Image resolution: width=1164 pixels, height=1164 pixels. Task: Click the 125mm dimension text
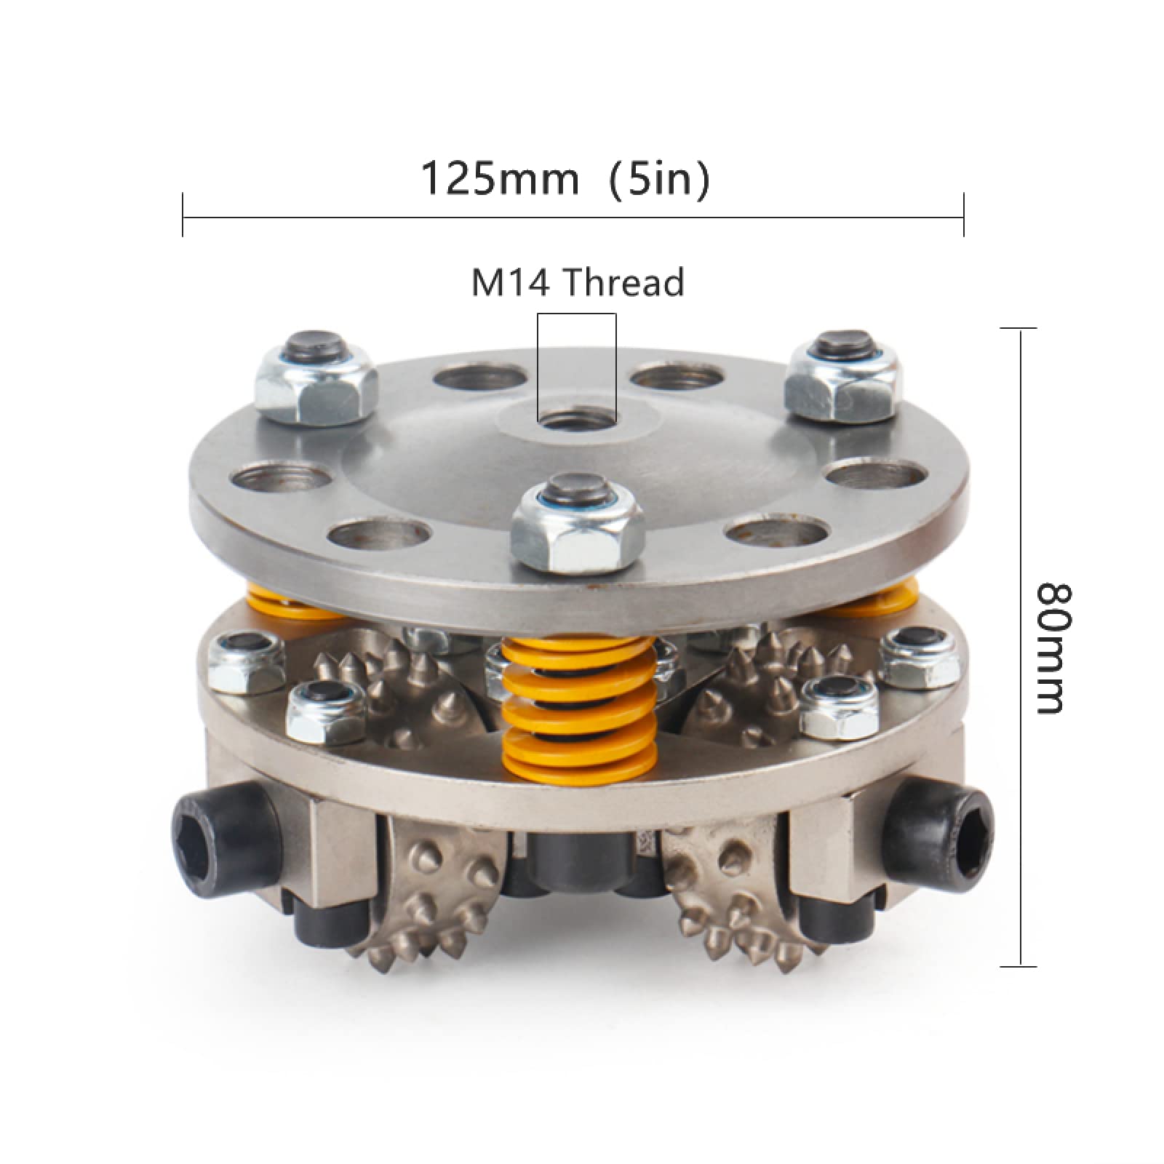[501, 179]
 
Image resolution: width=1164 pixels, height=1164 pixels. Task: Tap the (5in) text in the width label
[659, 180]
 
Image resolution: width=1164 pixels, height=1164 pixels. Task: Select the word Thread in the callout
[623, 282]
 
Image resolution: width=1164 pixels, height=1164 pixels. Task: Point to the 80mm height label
[1049, 647]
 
